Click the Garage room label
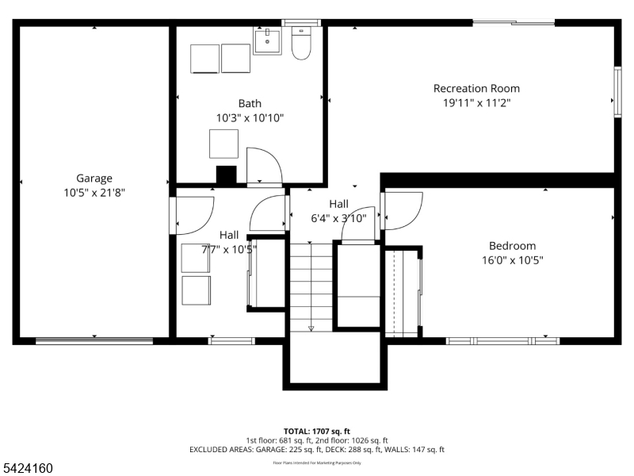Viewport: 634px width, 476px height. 94,178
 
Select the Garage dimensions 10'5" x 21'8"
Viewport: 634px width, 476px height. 94,192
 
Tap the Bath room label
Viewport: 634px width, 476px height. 250,103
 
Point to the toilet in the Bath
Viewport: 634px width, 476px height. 301,44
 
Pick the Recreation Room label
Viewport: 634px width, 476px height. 476,88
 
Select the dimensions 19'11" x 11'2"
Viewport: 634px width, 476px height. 476,102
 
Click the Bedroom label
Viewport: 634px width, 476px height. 512,246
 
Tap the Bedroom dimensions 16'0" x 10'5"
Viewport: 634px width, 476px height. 512,259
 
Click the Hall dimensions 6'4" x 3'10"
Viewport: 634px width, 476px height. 339,218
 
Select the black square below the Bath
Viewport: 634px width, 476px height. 227,175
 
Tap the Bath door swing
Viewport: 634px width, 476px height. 264,165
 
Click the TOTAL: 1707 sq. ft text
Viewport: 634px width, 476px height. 317,431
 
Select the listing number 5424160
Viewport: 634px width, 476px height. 28,469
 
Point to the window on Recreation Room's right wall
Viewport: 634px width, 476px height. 617,93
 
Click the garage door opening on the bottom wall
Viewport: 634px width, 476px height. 94,341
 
